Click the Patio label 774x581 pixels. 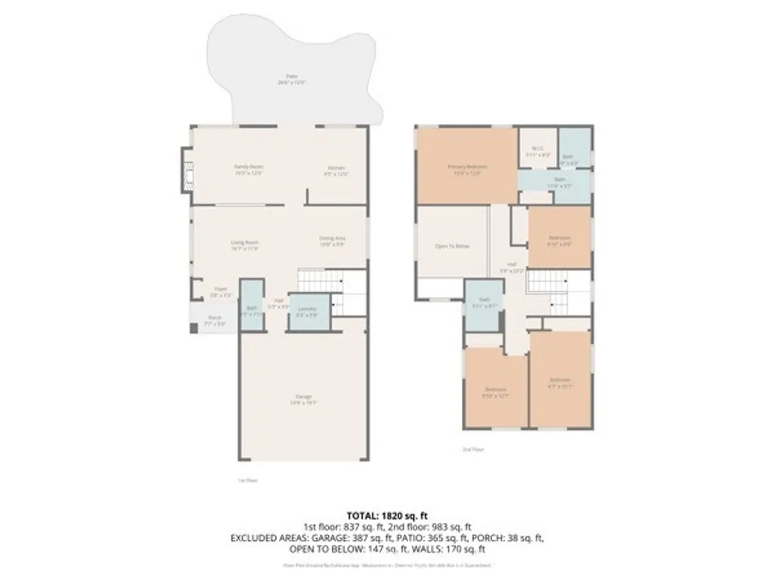[291, 79]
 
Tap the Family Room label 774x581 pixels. [248, 169]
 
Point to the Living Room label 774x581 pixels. [245, 244]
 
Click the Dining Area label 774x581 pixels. [333, 240]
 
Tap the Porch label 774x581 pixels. [215, 320]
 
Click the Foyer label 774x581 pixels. [220, 291]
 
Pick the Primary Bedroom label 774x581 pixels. [466, 169]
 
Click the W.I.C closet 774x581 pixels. [537, 151]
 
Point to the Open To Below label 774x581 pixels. [452, 246]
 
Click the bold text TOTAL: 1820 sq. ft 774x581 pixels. [386, 514]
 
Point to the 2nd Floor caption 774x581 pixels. [473, 449]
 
